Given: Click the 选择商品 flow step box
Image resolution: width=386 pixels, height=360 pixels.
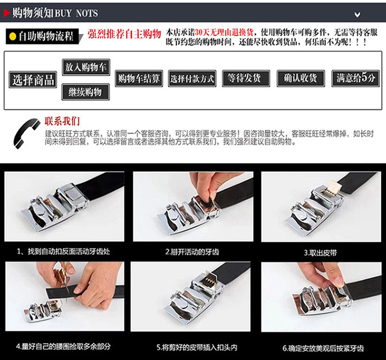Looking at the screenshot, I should [33, 79].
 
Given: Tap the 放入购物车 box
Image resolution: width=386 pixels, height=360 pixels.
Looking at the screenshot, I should [86, 67].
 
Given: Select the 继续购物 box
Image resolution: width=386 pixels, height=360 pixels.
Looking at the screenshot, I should [85, 92].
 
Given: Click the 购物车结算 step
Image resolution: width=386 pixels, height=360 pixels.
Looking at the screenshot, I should [138, 79].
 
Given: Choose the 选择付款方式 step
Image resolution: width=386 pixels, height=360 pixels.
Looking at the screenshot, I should [192, 79].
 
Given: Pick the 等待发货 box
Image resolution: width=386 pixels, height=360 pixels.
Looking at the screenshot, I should [245, 78].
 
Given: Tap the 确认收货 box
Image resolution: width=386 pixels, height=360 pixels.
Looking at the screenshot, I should [300, 78].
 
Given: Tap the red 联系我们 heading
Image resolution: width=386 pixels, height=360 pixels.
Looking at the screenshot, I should [62, 121].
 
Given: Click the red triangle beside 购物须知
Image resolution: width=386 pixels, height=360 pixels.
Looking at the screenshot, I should [6, 12].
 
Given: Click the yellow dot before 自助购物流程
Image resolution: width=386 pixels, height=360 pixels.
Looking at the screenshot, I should [12, 37].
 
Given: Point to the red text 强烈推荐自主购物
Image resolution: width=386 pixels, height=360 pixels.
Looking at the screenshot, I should [124, 34].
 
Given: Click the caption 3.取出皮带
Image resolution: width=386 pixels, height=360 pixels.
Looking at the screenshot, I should [320, 253].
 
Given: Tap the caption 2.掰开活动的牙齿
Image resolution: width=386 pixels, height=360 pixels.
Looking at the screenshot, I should [192, 252].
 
